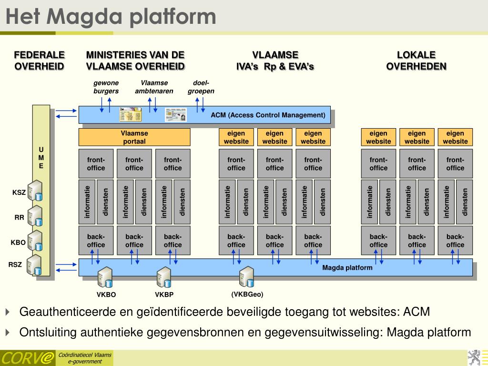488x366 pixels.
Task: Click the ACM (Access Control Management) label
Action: [x=268, y=115]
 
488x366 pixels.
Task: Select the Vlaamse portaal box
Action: [x=134, y=137]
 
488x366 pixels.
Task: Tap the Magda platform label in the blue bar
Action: [x=347, y=267]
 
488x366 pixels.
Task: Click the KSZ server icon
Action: [x=35, y=191]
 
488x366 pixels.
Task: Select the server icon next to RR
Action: [x=35, y=215]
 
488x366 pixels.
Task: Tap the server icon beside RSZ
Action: [x=35, y=264]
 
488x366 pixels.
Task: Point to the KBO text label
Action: [x=18, y=243]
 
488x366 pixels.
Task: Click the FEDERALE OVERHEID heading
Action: [x=39, y=61]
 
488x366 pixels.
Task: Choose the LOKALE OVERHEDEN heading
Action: [x=416, y=61]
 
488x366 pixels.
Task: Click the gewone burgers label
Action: [x=106, y=87]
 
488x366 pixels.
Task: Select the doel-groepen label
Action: [x=201, y=87]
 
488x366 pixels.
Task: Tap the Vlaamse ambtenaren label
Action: [x=154, y=87]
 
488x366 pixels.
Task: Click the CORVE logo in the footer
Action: [x=27, y=358]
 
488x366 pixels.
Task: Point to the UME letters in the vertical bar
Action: [x=41, y=158]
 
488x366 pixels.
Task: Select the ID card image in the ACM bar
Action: [x=176, y=115]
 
